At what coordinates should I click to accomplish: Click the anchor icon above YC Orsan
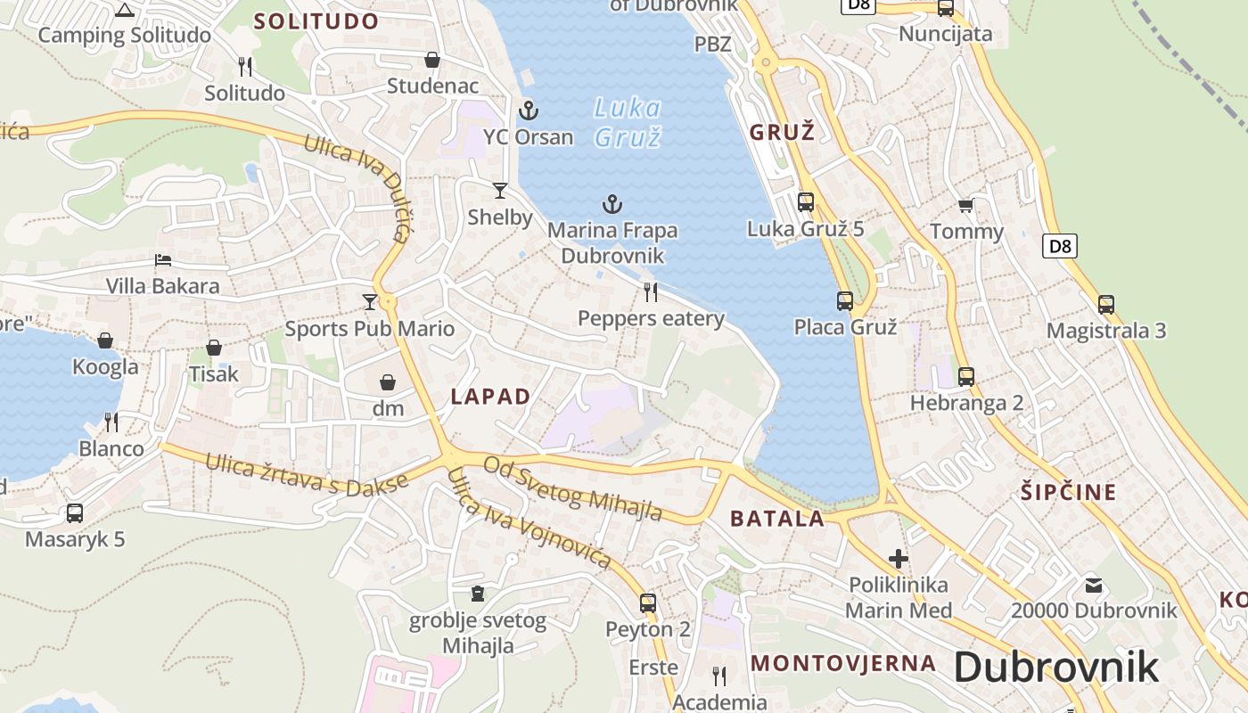click(x=529, y=111)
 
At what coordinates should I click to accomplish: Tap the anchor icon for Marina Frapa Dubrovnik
click(x=612, y=204)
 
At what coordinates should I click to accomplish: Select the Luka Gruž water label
click(x=628, y=123)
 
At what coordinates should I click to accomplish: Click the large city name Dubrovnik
click(x=1056, y=668)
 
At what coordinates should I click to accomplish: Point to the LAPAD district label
click(x=490, y=397)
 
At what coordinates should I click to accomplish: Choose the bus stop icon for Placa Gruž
click(x=844, y=301)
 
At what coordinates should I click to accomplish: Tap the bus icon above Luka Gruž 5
click(x=806, y=202)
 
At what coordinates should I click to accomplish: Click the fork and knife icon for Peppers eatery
click(x=651, y=292)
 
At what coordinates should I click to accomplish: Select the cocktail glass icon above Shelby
click(x=500, y=191)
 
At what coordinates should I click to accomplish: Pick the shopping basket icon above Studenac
click(x=432, y=60)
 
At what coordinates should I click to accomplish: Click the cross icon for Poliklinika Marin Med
click(x=899, y=559)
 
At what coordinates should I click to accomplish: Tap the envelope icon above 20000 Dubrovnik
click(x=1094, y=586)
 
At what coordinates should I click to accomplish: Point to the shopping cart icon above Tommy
click(x=965, y=206)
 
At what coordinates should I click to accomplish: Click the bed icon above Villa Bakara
click(x=163, y=260)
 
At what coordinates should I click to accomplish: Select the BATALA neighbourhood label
click(x=777, y=519)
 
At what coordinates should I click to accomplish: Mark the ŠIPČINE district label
click(x=1068, y=492)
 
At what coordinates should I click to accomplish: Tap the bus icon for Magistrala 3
click(x=1106, y=305)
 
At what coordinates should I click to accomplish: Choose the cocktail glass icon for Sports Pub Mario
click(x=370, y=302)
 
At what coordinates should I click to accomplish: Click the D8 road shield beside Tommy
click(x=1059, y=245)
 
